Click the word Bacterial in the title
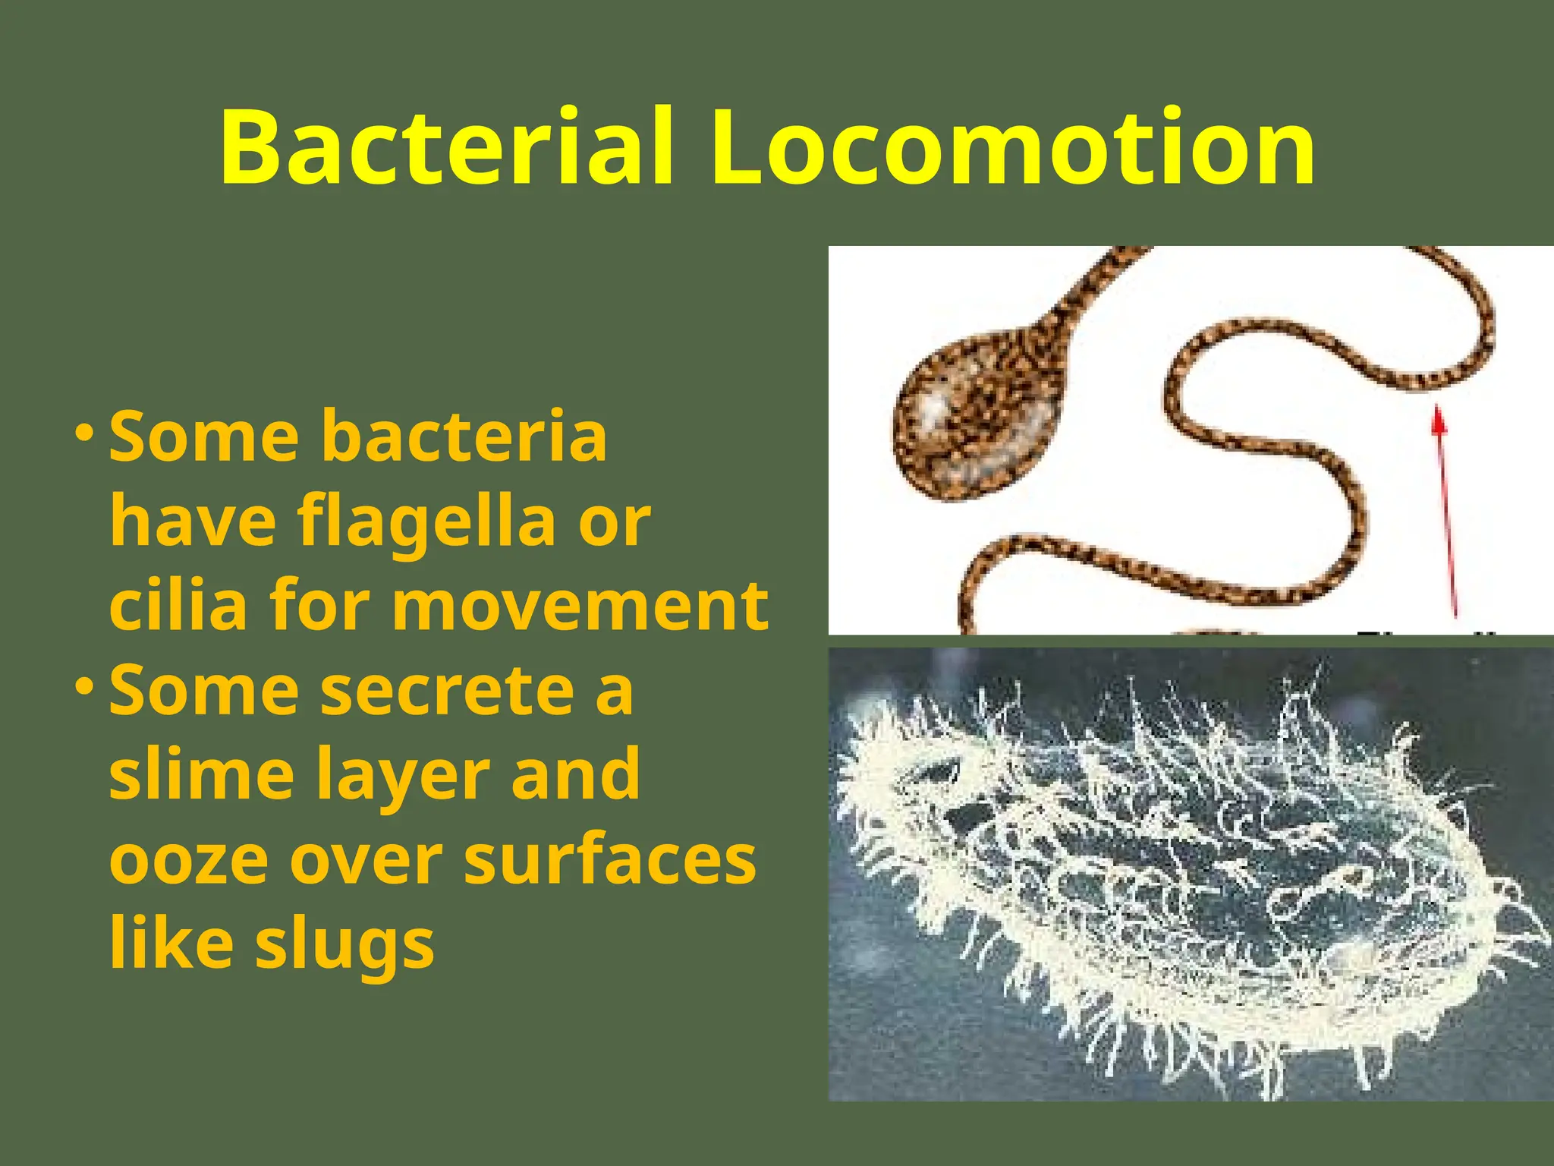pos(446,147)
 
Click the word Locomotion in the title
pos(1012,147)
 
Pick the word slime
pos(202,774)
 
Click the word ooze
pos(188,861)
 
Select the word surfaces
pos(609,861)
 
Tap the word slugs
pos(345,946)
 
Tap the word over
pos(366,861)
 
